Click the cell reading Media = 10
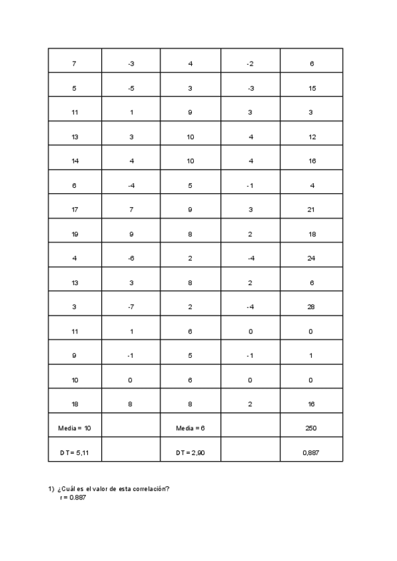(74, 428)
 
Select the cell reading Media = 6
(190, 428)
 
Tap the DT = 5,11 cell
(74, 453)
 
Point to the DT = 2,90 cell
(190, 453)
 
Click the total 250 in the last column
(311, 428)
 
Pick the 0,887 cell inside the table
(311, 453)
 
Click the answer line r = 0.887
(73, 497)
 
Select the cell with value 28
(311, 307)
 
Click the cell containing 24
(311, 258)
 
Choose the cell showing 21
(311, 210)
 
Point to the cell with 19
(74, 234)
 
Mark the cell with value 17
(74, 210)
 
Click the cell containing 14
(74, 161)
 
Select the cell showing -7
(131, 307)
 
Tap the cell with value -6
(131, 258)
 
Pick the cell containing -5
(131, 88)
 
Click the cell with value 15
(311, 88)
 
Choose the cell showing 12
(311, 137)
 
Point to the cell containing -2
(249, 64)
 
